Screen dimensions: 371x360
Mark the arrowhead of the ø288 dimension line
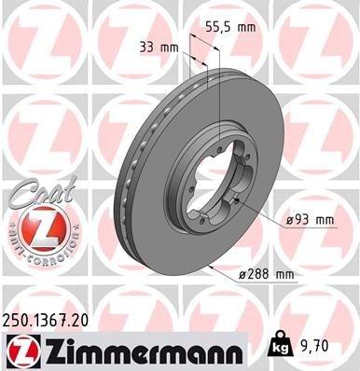[x=215, y=268]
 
